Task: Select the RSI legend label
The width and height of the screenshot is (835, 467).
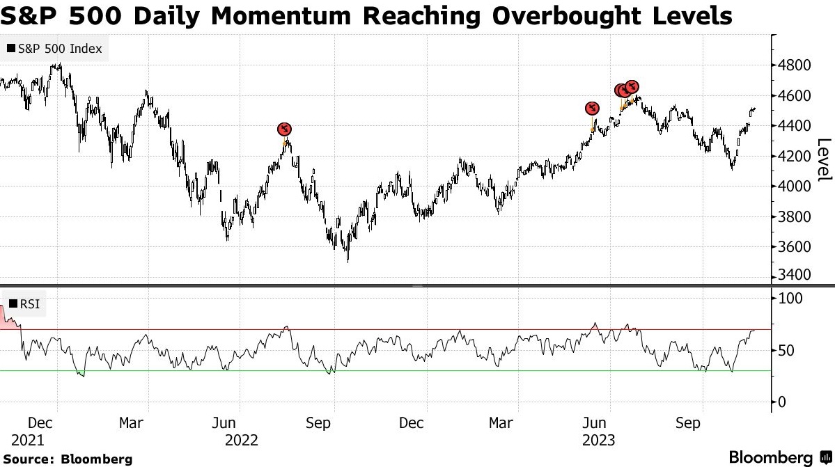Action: click(24, 303)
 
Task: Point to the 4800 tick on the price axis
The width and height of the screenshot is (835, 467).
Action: click(794, 65)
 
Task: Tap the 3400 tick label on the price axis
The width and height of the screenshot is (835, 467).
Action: click(794, 275)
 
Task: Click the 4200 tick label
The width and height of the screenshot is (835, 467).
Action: click(794, 157)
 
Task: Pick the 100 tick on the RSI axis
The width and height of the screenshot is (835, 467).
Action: click(790, 298)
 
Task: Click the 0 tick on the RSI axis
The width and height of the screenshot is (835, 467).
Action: click(782, 402)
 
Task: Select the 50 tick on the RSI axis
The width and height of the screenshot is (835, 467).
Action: click(786, 351)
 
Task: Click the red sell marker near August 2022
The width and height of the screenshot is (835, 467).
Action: click(285, 129)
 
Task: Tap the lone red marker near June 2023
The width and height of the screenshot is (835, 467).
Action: click(592, 109)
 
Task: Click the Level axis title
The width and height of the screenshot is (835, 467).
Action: click(824, 159)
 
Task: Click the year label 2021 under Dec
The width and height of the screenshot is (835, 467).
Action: click(28, 441)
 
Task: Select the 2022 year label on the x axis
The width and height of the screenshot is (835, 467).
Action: click(241, 441)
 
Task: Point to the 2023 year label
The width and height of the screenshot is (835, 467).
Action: click(598, 441)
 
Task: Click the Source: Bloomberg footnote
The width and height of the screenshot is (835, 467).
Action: click(68, 459)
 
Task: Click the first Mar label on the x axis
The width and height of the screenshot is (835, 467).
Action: click(131, 423)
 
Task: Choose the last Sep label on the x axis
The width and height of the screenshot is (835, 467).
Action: click(688, 423)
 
